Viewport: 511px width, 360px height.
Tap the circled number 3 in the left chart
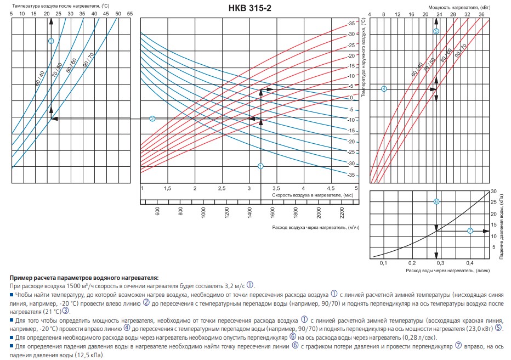coord(51,41)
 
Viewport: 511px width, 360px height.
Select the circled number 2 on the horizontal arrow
coord(152,119)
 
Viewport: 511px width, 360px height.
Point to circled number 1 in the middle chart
coord(260,166)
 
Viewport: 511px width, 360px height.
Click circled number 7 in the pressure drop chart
coord(470,231)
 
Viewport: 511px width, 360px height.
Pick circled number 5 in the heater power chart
coord(436,31)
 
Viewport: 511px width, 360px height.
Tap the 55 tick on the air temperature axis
coord(129,13)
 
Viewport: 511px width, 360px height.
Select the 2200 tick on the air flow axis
coord(341,211)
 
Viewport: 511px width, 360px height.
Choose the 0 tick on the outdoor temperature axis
coord(351,97)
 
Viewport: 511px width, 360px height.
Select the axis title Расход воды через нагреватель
coord(440,271)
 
